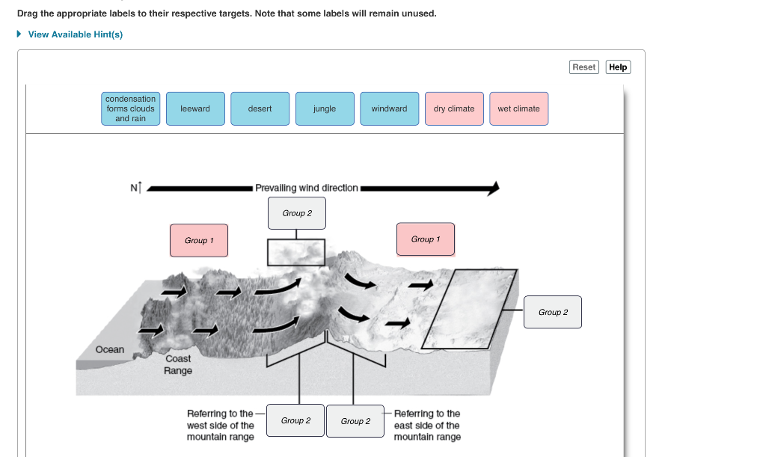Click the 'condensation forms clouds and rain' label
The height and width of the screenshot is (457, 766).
point(131,108)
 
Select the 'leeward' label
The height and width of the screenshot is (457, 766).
point(195,108)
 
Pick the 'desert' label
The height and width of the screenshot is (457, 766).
point(260,108)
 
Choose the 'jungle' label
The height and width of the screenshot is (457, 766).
point(325,108)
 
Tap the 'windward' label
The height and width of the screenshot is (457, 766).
point(389,108)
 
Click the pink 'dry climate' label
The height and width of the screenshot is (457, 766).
point(454,108)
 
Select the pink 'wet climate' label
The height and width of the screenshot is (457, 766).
point(518,108)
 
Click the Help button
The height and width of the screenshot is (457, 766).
point(618,67)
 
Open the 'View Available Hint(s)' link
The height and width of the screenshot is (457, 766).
point(75,34)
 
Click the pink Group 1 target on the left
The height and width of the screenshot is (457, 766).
point(199,240)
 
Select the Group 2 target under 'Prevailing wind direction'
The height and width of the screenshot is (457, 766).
point(297,213)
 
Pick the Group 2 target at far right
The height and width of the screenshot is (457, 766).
point(553,312)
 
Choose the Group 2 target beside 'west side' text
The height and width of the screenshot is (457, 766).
point(296,420)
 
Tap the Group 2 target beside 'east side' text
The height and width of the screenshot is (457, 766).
point(355,421)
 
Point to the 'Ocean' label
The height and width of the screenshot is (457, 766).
point(110,349)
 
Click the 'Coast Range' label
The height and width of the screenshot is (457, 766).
point(178,364)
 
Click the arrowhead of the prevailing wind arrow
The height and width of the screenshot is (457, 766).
point(493,188)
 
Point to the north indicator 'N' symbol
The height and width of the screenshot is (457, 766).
point(135,188)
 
